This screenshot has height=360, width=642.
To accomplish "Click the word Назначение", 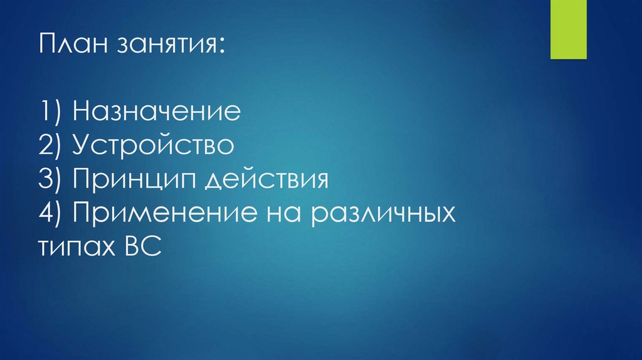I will click(x=157, y=113).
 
